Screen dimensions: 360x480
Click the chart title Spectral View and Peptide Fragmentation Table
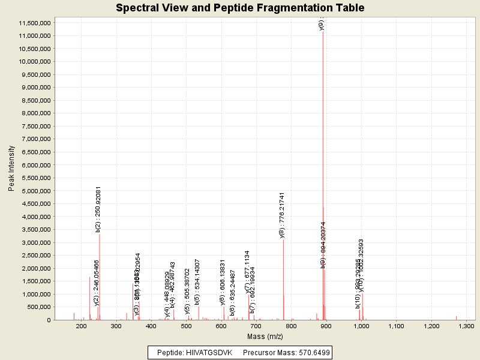point(240,8)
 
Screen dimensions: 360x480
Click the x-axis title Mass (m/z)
point(265,337)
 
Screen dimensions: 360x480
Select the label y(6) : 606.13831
point(223,287)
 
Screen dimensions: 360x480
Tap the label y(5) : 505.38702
point(187,292)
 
